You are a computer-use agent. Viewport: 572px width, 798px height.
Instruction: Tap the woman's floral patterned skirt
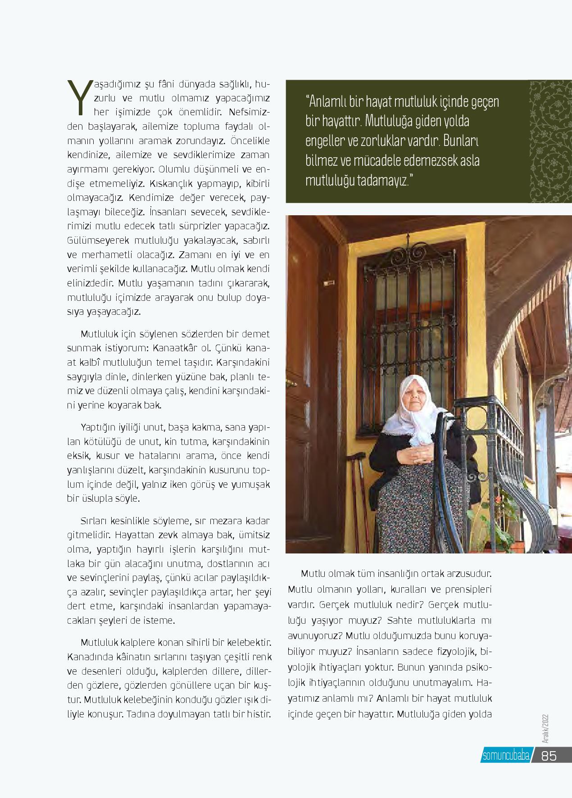click(x=405, y=509)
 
